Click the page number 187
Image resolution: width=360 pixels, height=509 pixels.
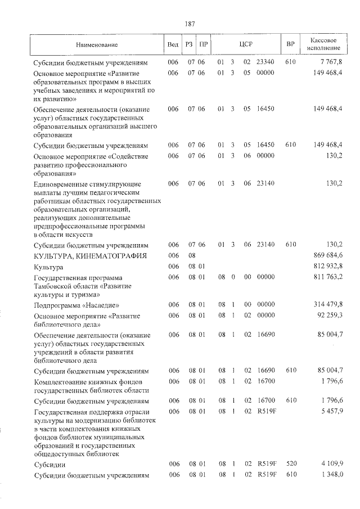pos(189,24)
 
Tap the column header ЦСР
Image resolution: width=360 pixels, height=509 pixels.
pos(244,44)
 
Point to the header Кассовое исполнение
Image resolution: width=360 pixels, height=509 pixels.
pos(323,44)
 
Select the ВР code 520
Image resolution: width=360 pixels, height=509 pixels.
pos(290,465)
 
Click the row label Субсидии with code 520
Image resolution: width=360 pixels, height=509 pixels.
pos(49,465)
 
